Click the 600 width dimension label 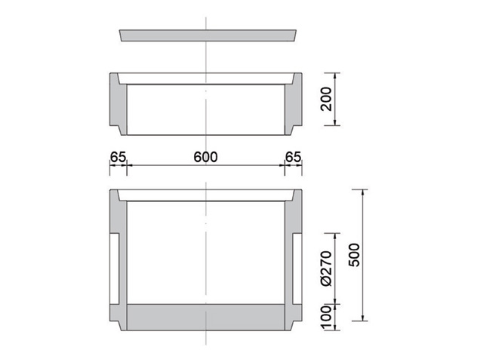[205, 157]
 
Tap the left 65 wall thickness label [118, 157]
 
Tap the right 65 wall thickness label [293, 157]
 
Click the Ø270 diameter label [327, 268]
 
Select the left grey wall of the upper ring [118, 106]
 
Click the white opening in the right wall [296, 268]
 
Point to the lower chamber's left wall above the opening [118, 215]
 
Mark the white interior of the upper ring [174, 109]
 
